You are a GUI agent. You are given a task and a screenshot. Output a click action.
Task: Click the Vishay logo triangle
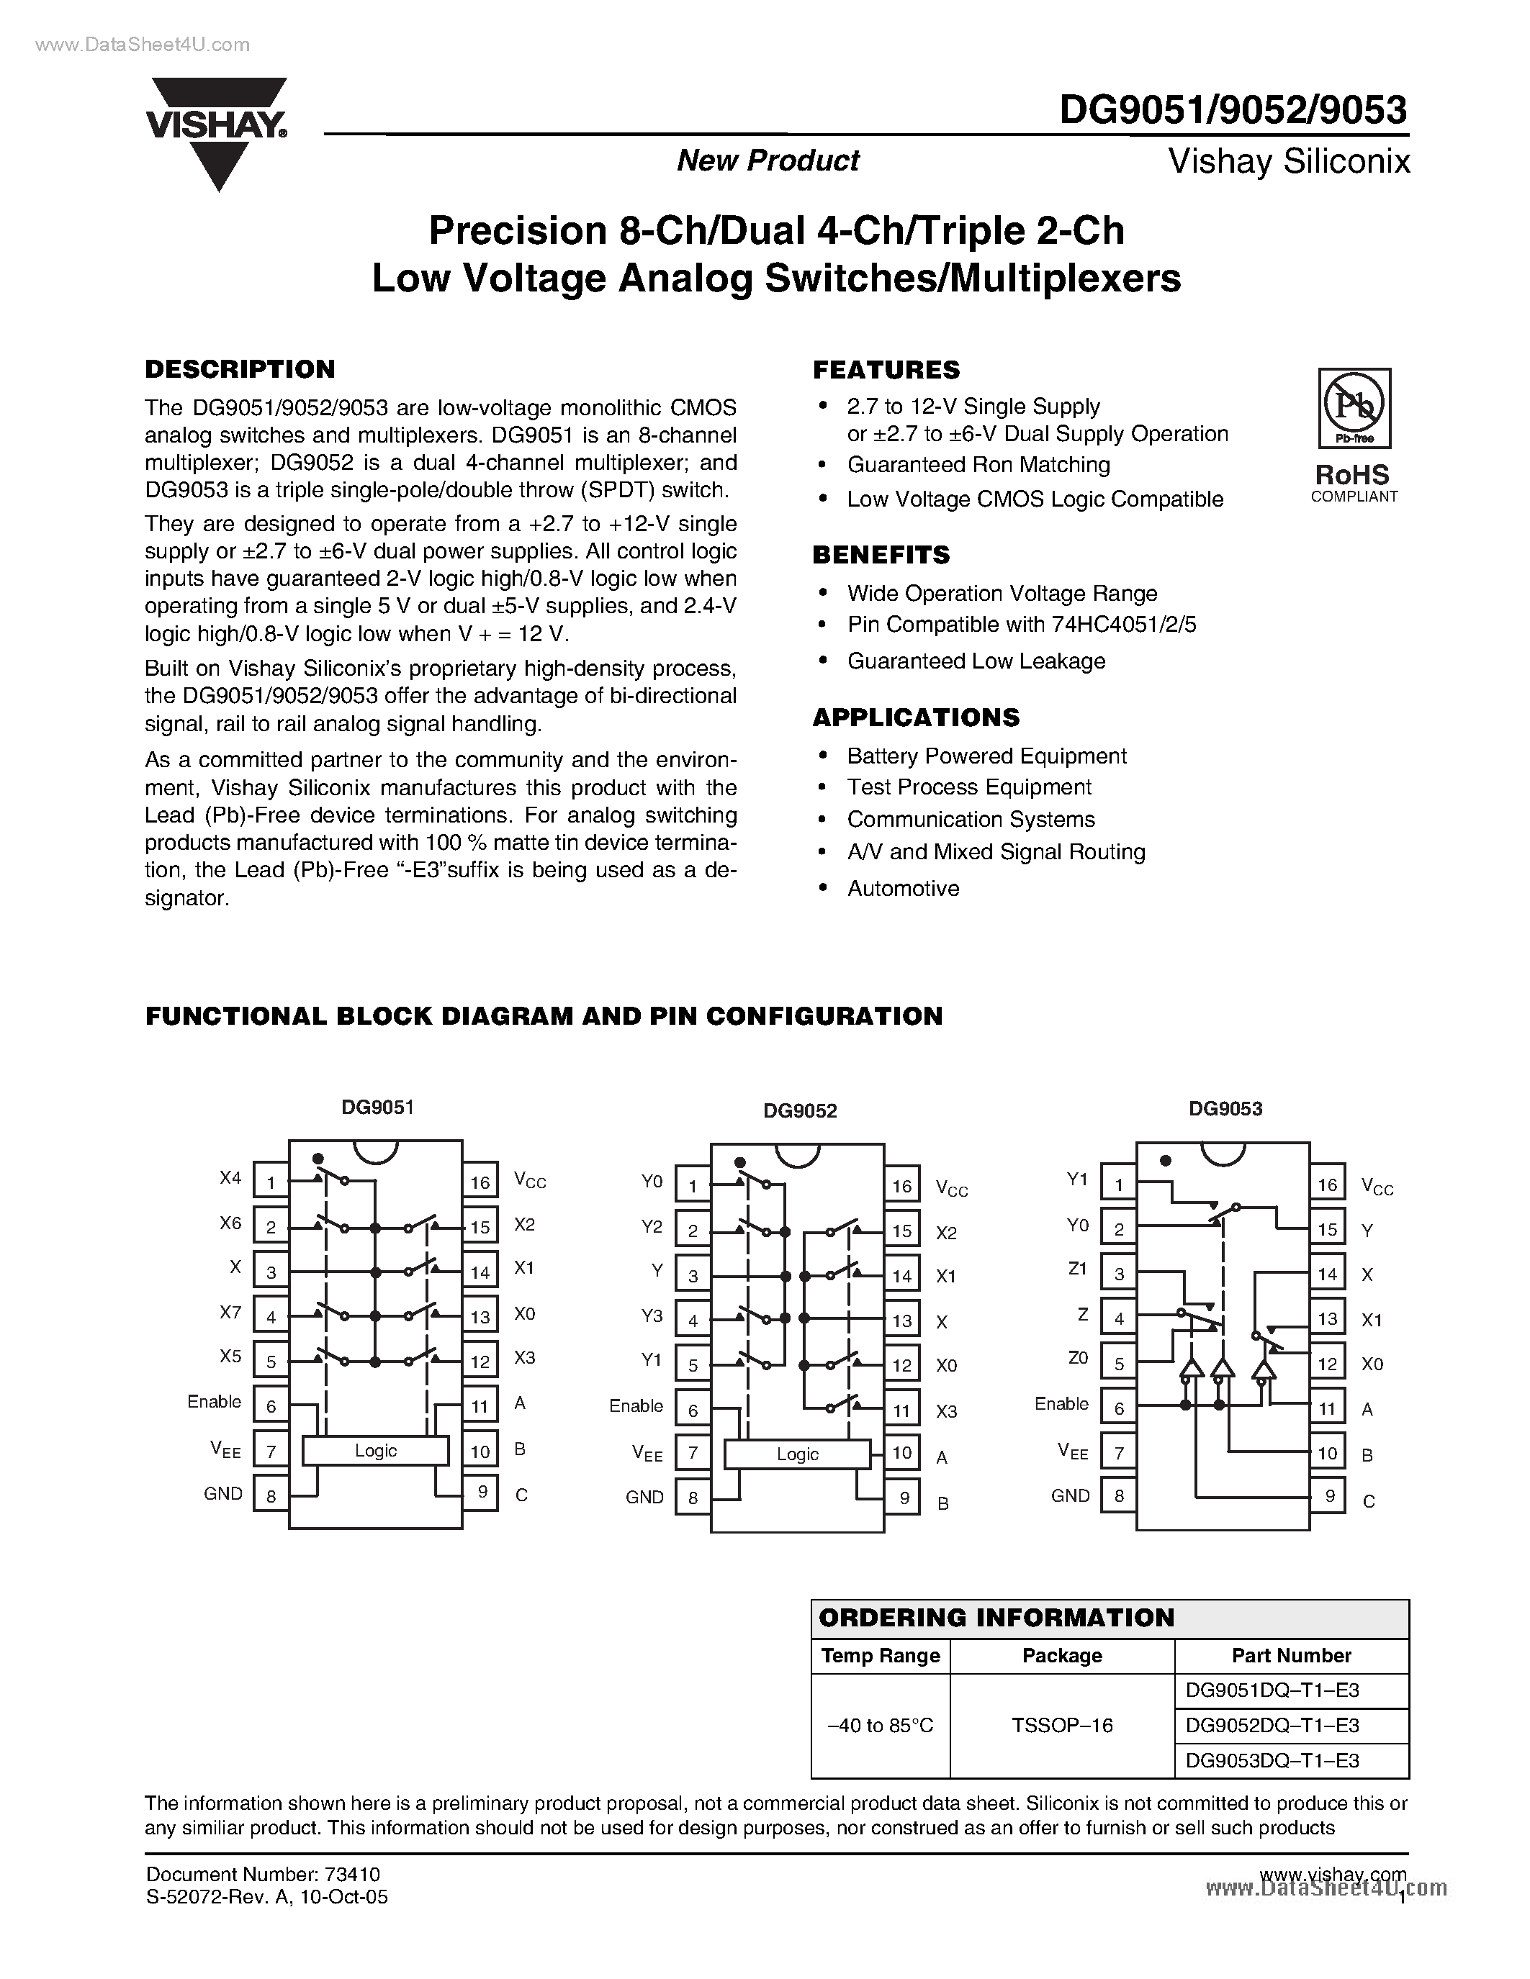(218, 136)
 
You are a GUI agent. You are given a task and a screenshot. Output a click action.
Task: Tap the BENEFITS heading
(881, 555)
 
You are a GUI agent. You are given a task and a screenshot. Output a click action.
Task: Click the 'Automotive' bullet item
(903, 888)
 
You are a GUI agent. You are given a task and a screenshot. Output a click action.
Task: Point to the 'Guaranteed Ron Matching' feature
(978, 465)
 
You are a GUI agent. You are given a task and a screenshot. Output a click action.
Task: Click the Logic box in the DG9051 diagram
(375, 1451)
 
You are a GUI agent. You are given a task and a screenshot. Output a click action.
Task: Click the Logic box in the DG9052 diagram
(798, 1454)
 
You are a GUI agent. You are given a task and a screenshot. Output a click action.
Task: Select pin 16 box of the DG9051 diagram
(480, 1182)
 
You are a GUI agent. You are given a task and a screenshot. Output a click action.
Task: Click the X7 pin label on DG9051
(230, 1312)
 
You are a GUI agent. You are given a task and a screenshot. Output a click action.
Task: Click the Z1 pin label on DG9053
(1077, 1269)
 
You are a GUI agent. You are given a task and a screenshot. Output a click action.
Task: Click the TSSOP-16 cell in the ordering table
(1061, 1725)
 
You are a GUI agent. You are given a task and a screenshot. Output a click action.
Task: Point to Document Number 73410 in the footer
(262, 1875)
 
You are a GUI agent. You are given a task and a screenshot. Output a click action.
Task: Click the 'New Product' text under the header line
(768, 160)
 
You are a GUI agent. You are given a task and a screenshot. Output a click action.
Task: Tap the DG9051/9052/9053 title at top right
(1233, 111)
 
